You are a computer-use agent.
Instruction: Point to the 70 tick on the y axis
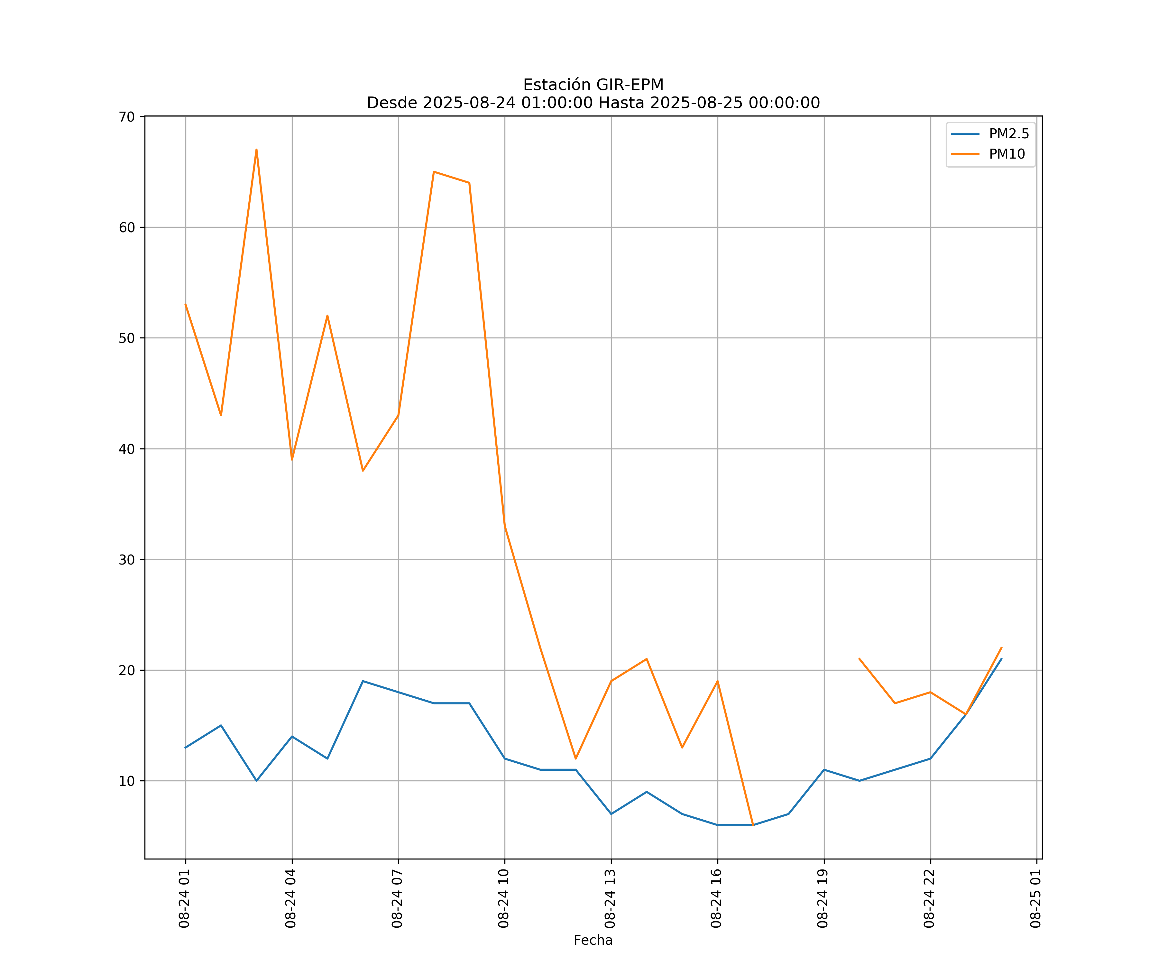point(127,117)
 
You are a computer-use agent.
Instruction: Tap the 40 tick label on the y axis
point(127,449)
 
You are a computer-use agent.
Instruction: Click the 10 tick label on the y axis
point(127,781)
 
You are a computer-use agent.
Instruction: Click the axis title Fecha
point(593,940)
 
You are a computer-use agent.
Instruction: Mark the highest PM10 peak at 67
point(256,150)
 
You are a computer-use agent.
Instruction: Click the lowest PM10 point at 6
point(753,825)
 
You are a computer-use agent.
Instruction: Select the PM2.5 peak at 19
point(363,681)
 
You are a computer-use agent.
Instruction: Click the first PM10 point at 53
point(185,304)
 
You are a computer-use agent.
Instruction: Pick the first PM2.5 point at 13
point(185,748)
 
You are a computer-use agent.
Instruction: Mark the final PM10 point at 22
point(1001,648)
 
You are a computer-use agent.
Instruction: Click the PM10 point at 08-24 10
point(505,526)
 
